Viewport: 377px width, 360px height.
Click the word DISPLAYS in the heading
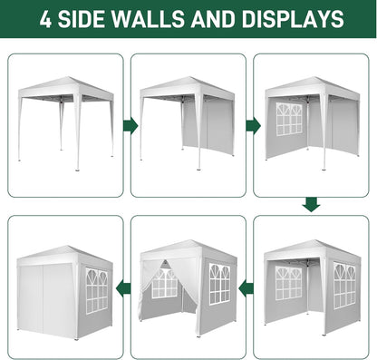pos(300,19)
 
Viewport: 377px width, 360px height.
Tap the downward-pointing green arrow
pos(311,205)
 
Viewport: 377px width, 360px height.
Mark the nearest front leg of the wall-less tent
pos(78,136)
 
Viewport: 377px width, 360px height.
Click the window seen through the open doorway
pos(165,284)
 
